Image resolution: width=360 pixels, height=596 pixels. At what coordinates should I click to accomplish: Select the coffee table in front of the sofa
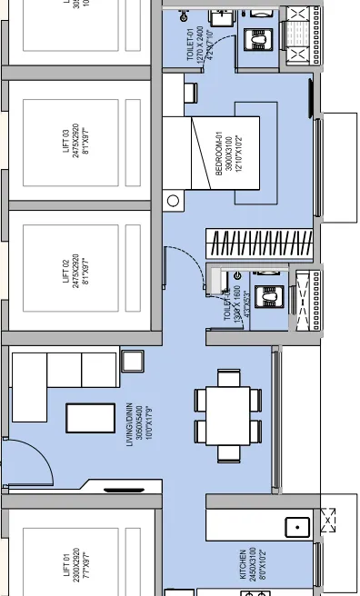(90, 418)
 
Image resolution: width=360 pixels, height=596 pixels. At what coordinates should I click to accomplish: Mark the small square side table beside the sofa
(132, 361)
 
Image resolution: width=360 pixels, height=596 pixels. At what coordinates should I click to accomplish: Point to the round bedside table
(175, 201)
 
